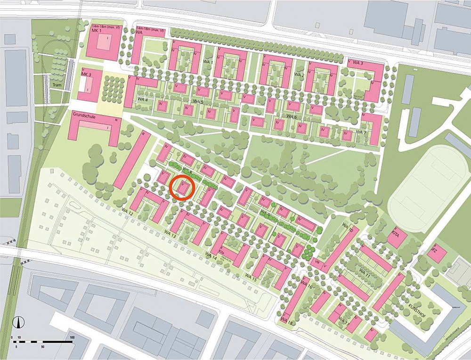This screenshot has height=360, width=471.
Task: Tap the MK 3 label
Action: pos(86,75)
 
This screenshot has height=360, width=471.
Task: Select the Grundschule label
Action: pos(85,114)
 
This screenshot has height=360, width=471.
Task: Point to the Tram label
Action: pos(57,85)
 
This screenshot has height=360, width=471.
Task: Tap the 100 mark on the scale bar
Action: pos(72,338)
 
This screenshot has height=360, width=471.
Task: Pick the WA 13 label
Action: pos(170,233)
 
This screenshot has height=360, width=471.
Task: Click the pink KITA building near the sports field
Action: pos(397,238)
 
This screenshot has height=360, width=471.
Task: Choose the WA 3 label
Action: pos(358,63)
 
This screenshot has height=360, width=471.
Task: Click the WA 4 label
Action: pos(143,100)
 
